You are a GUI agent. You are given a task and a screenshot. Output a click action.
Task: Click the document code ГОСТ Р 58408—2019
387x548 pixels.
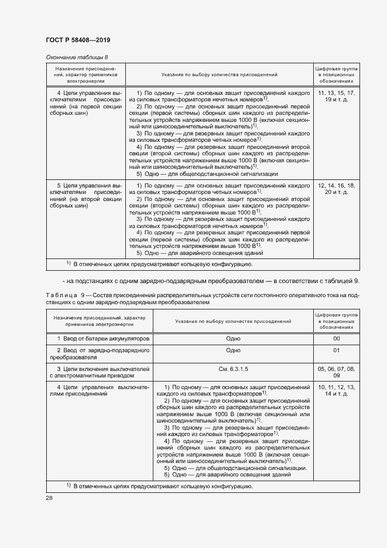[77, 40]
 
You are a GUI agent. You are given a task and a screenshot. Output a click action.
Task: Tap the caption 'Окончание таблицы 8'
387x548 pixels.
[77, 57]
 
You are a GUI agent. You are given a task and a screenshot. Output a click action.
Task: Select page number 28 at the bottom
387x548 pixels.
[49, 498]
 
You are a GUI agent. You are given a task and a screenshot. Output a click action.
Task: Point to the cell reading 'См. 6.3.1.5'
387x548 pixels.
[233, 369]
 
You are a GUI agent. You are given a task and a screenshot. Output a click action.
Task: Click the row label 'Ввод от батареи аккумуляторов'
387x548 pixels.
[103, 339]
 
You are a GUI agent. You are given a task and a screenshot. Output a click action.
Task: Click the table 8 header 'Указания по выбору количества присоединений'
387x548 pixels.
[219, 75]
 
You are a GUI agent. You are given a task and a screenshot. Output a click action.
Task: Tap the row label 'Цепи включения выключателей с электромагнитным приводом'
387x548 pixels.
[100, 372]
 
